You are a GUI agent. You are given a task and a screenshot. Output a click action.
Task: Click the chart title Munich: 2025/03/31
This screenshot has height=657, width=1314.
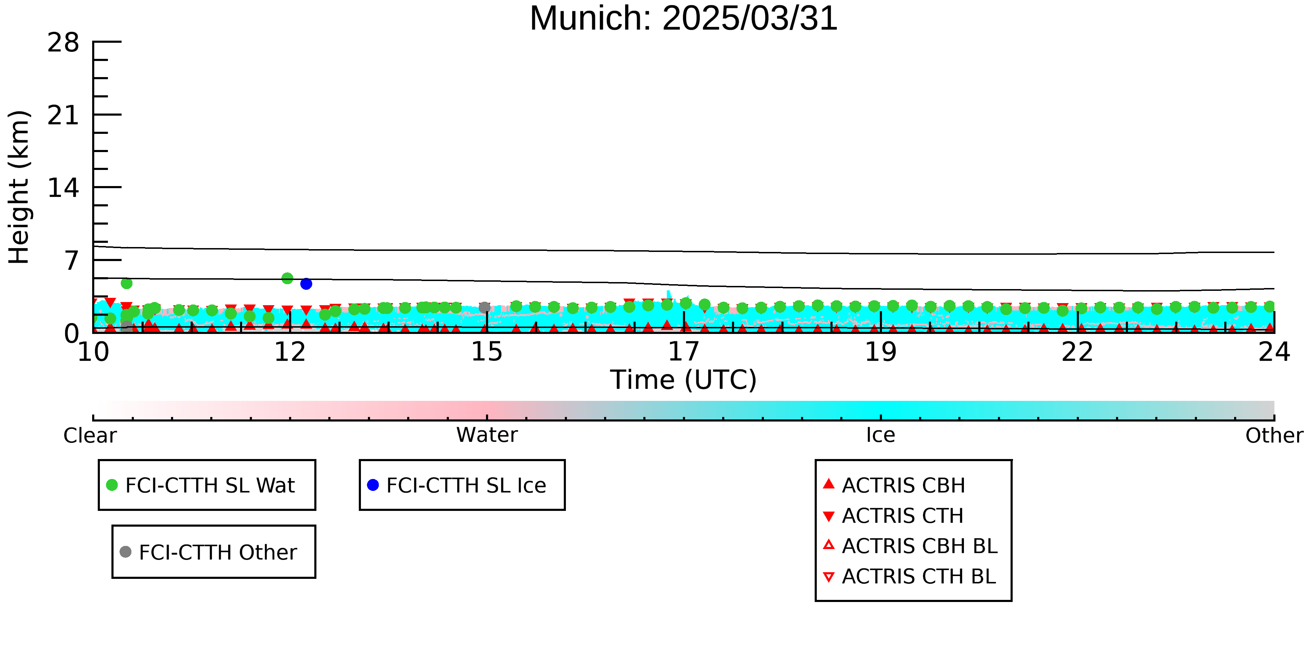684,18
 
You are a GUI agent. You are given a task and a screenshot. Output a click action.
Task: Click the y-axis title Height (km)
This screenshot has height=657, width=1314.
19,187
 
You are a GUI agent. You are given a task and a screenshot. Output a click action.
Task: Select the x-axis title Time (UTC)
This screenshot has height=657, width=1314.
684,380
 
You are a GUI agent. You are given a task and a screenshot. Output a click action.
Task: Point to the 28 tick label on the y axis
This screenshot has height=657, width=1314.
63,42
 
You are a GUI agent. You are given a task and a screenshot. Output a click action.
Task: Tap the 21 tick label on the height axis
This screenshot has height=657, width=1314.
63,115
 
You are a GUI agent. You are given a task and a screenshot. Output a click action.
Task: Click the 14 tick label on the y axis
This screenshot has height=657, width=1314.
63,188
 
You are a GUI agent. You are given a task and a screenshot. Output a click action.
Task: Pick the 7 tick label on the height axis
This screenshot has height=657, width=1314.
72,261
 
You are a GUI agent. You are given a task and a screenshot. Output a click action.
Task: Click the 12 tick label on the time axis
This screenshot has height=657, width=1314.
290,352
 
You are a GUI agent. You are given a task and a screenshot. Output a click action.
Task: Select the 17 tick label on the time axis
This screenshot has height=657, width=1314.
684,352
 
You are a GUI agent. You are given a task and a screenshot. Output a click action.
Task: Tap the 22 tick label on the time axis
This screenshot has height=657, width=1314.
1077,352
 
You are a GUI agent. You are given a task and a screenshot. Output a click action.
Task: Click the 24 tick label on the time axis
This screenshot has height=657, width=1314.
1274,352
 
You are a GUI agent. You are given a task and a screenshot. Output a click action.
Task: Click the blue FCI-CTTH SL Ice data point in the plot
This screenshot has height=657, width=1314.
306,283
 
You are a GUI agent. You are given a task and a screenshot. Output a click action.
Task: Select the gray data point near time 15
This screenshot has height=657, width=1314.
485,307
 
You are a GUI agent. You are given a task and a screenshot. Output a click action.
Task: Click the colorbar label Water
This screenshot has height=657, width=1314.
487,435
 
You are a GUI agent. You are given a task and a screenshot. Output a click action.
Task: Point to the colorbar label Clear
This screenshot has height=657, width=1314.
90,436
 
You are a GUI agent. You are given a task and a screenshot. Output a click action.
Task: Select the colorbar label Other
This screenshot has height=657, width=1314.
1274,436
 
